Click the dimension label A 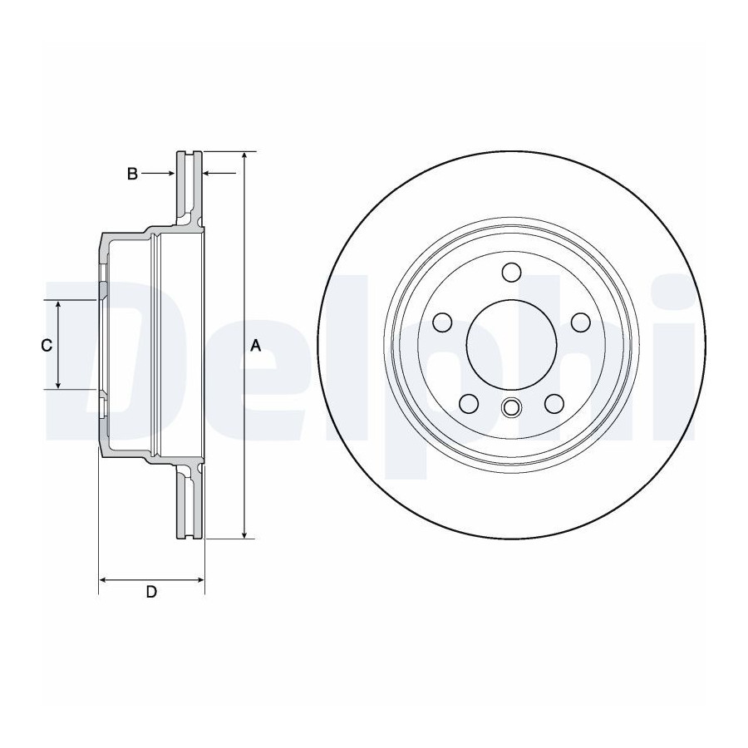pyautogui.click(x=256, y=346)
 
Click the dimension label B pyautogui.click(x=132, y=175)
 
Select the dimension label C pyautogui.click(x=47, y=345)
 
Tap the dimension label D pyautogui.click(x=151, y=592)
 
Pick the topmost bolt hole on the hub pyautogui.click(x=511, y=272)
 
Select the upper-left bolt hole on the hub pyautogui.click(x=442, y=322)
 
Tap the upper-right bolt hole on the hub pyautogui.click(x=581, y=322)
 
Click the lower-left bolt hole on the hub pyautogui.click(x=469, y=404)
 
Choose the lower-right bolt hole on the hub pyautogui.click(x=554, y=404)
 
